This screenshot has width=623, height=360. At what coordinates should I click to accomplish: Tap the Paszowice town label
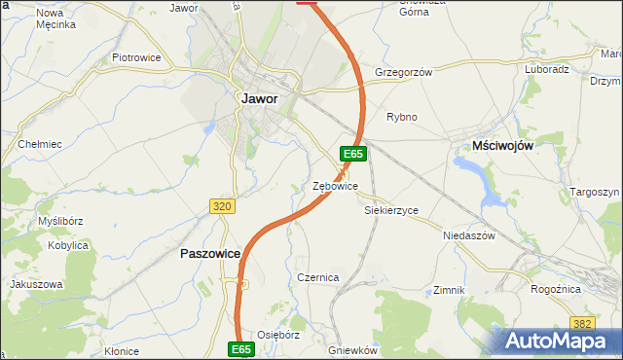click(211, 253)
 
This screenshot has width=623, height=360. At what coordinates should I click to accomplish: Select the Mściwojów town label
click(502, 144)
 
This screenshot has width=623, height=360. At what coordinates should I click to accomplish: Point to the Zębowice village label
click(335, 186)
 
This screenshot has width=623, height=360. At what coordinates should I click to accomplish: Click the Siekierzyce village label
click(390, 209)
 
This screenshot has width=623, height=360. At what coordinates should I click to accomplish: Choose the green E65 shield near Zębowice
click(353, 154)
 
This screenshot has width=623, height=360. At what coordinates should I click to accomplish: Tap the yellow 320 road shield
click(222, 206)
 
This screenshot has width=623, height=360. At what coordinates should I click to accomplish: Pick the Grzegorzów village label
click(402, 72)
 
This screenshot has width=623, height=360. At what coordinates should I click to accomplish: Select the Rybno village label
click(401, 117)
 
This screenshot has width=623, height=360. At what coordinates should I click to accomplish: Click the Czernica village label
click(317, 277)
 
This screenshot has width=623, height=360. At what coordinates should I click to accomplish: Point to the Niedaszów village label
click(469, 236)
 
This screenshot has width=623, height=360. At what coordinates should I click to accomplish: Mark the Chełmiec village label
click(40, 144)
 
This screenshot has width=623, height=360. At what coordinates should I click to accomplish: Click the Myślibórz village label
click(59, 222)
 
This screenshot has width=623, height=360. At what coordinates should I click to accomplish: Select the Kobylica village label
click(68, 246)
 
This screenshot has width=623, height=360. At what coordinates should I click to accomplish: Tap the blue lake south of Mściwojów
click(475, 177)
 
